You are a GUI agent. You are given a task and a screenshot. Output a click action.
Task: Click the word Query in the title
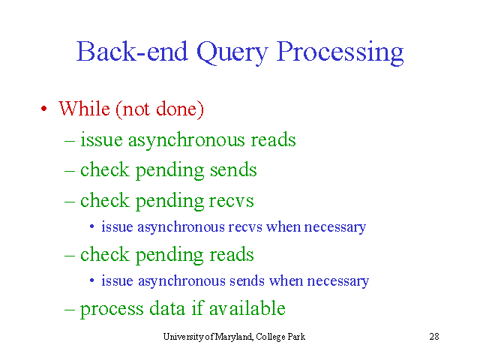232,52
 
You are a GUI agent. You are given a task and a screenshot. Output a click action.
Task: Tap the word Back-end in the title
132,51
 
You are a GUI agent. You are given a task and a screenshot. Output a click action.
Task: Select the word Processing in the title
340,52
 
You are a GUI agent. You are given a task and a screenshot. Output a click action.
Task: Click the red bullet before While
44,108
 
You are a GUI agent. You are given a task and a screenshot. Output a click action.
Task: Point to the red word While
84,108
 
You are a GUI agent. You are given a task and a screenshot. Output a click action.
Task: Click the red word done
180,109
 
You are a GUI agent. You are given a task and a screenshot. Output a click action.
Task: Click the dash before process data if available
70,309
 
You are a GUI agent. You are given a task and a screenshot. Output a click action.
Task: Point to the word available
247,308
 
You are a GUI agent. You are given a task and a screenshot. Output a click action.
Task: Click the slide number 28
434,337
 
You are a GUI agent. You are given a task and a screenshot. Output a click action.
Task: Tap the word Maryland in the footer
234,337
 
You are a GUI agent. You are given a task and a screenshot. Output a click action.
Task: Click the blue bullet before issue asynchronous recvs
91,226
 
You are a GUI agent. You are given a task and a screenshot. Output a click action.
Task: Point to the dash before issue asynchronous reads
70,141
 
